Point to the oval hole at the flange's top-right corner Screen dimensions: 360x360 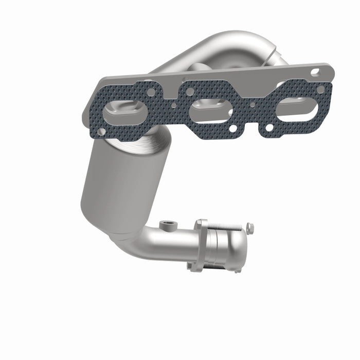pos(315,72)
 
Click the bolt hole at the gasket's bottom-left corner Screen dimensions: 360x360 pos(101,132)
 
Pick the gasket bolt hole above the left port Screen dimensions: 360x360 pos(151,92)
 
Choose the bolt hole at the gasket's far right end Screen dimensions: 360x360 pos(321,89)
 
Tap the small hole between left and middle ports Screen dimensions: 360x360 pos(174,105)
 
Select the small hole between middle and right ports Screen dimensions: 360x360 pos(252,104)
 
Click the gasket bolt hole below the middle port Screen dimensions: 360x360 pos(234,128)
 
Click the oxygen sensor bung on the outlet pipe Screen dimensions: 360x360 pos(168,225)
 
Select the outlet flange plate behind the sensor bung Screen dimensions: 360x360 pos(200,244)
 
